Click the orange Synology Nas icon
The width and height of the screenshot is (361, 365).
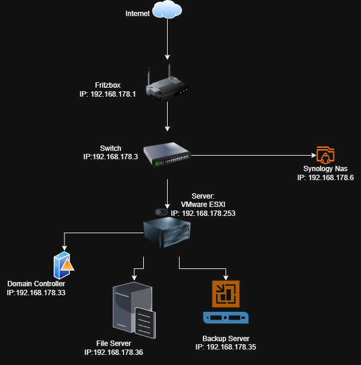pos(325,155)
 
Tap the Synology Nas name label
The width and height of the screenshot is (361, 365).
pos(325,169)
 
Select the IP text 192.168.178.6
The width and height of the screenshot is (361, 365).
pos(325,178)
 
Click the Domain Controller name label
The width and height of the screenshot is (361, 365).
pos(36,283)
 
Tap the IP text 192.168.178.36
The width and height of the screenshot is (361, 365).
pos(113,353)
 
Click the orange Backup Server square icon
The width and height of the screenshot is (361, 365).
pos(226,293)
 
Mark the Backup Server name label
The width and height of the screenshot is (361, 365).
pos(226,338)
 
